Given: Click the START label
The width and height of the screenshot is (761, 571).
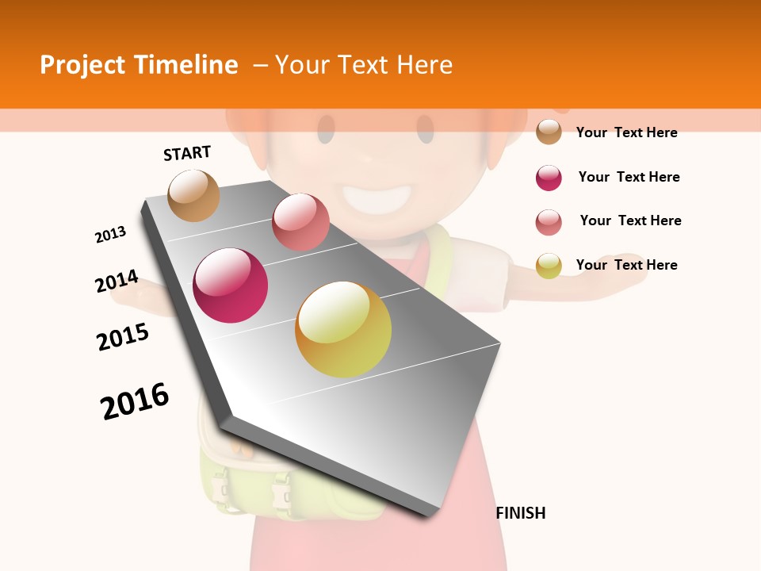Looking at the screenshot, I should pyautogui.click(x=187, y=153).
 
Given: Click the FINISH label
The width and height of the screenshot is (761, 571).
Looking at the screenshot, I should pyautogui.click(x=521, y=513).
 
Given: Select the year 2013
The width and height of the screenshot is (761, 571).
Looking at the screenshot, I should pyautogui.click(x=110, y=235).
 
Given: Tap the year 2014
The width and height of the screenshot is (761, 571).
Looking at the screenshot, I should pyautogui.click(x=117, y=282).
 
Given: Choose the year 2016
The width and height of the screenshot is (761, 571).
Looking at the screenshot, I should pyautogui.click(x=135, y=400).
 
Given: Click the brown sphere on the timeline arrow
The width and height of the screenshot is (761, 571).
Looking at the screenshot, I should pyautogui.click(x=194, y=196).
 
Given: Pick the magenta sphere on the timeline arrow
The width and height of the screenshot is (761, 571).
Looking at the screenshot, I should pyautogui.click(x=231, y=285).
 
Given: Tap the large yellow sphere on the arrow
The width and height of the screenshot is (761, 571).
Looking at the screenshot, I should pyautogui.click(x=343, y=329).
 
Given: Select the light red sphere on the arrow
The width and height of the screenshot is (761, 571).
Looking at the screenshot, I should pyautogui.click(x=300, y=222).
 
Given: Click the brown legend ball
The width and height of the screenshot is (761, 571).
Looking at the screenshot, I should pyautogui.click(x=549, y=132).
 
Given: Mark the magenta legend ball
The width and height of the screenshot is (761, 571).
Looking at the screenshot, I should pyautogui.click(x=549, y=178).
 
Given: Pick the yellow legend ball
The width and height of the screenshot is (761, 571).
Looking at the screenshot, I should pyautogui.click(x=549, y=266).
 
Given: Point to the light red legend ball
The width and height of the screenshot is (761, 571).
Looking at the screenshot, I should pyautogui.click(x=549, y=222).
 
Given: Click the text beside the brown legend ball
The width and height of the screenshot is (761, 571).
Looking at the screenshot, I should pyautogui.click(x=626, y=132).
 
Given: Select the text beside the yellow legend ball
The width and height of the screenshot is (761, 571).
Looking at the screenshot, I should pyautogui.click(x=626, y=265).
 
